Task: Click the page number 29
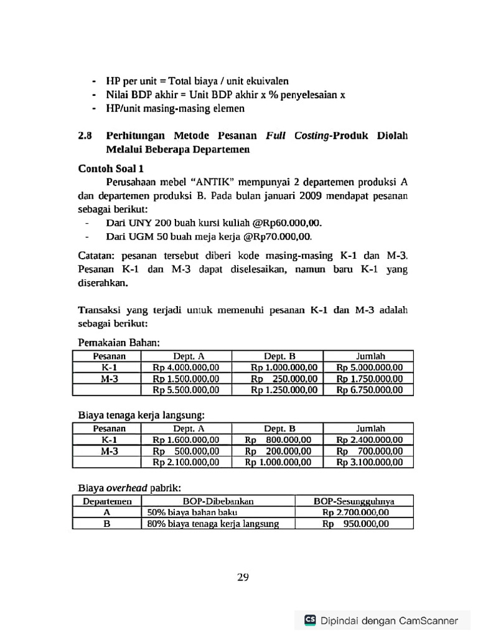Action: click(x=243, y=577)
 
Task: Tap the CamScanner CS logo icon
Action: click(x=309, y=620)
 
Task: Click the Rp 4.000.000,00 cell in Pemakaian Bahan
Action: click(x=185, y=367)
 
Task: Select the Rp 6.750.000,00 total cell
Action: click(x=370, y=390)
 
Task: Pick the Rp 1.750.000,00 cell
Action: click(x=370, y=378)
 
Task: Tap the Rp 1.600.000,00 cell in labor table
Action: click(x=185, y=439)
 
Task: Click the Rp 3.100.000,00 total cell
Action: click(x=370, y=462)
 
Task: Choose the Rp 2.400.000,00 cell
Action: click(x=370, y=439)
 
